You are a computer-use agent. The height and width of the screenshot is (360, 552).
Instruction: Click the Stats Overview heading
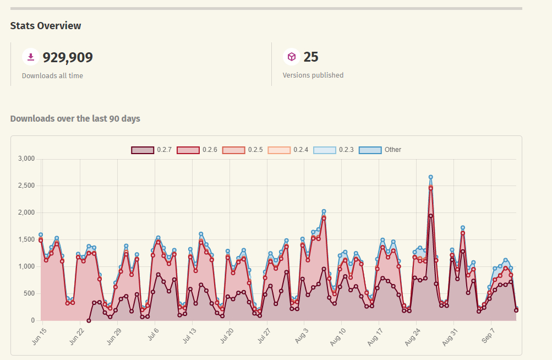click(x=46, y=26)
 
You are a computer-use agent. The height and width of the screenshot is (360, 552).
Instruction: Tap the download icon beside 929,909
click(x=31, y=57)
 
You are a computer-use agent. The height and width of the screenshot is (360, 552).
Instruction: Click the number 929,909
click(x=68, y=57)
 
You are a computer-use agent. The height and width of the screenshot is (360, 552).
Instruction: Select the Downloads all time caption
click(x=52, y=75)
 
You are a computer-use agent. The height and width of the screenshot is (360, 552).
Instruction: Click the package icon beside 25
click(x=292, y=57)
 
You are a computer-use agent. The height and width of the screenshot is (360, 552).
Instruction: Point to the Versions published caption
click(x=313, y=75)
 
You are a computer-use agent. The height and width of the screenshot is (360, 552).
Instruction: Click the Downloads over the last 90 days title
click(x=75, y=118)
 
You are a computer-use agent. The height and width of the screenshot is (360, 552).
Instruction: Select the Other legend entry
click(x=380, y=150)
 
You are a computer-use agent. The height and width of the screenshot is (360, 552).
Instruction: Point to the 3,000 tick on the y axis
click(x=26, y=159)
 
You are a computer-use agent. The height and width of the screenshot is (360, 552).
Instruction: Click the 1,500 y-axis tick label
click(x=26, y=239)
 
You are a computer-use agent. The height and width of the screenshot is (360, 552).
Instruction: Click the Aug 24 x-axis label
click(x=412, y=337)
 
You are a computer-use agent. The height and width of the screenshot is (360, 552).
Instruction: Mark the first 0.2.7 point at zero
click(x=89, y=320)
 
